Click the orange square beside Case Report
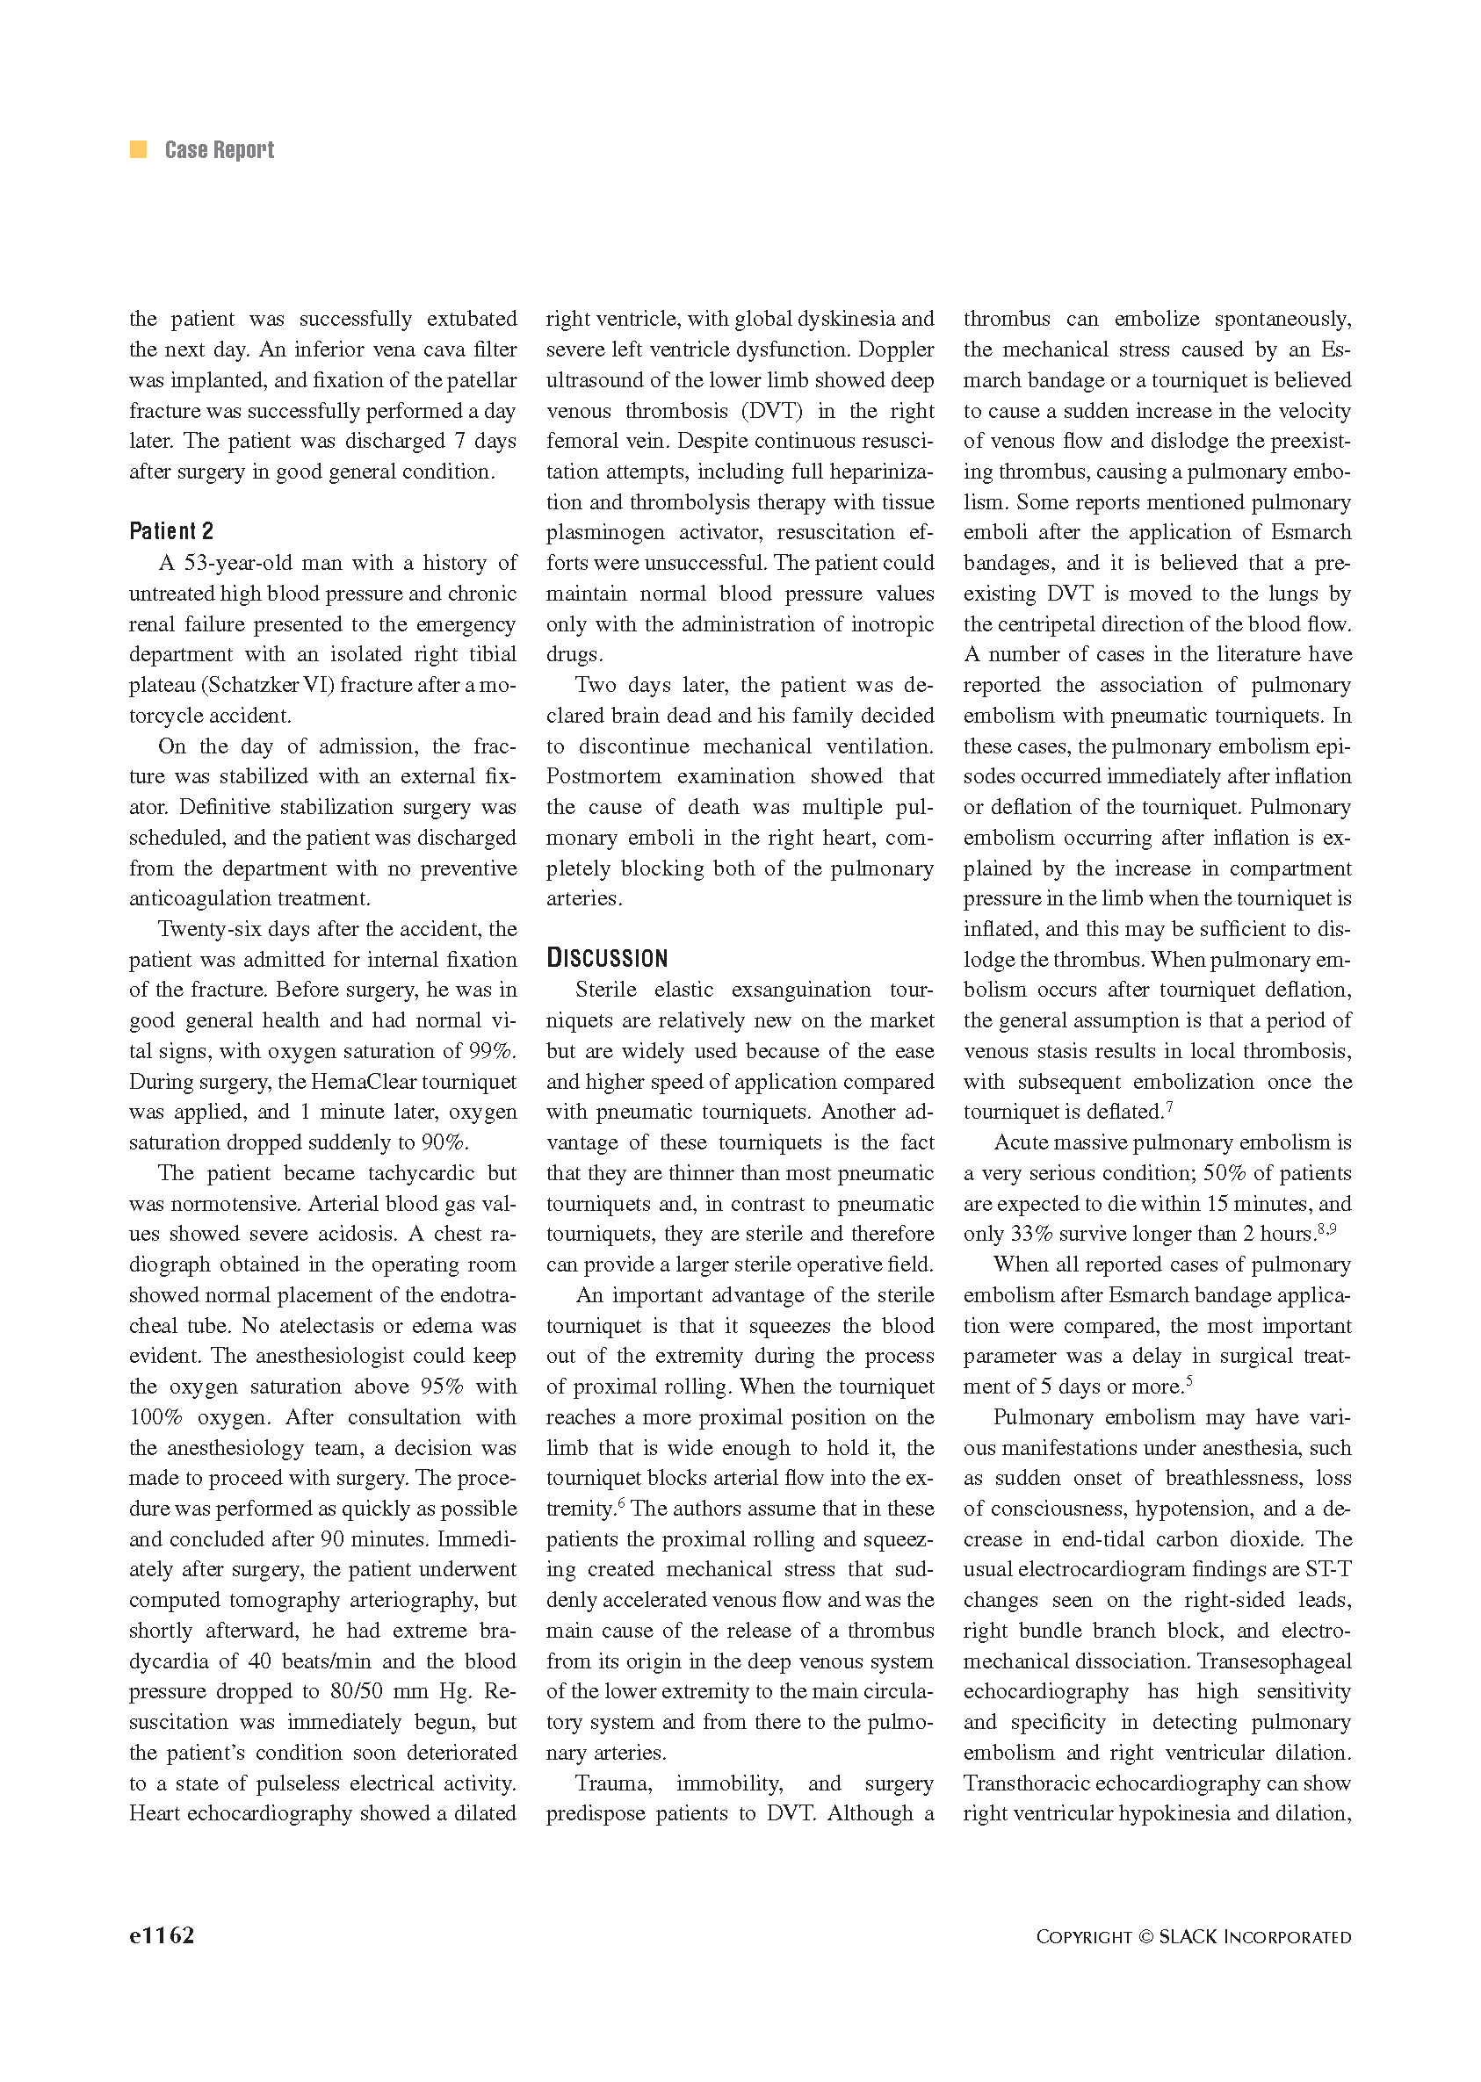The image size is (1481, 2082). click(139, 149)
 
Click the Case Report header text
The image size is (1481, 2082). click(219, 149)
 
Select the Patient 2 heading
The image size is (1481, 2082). click(170, 530)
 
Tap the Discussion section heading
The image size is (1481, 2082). click(606, 958)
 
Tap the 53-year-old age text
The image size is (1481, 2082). click(238, 564)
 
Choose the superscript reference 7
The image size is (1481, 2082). click(1169, 1107)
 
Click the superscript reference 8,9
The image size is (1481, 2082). click(1327, 1228)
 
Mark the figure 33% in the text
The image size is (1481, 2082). click(1031, 1235)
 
